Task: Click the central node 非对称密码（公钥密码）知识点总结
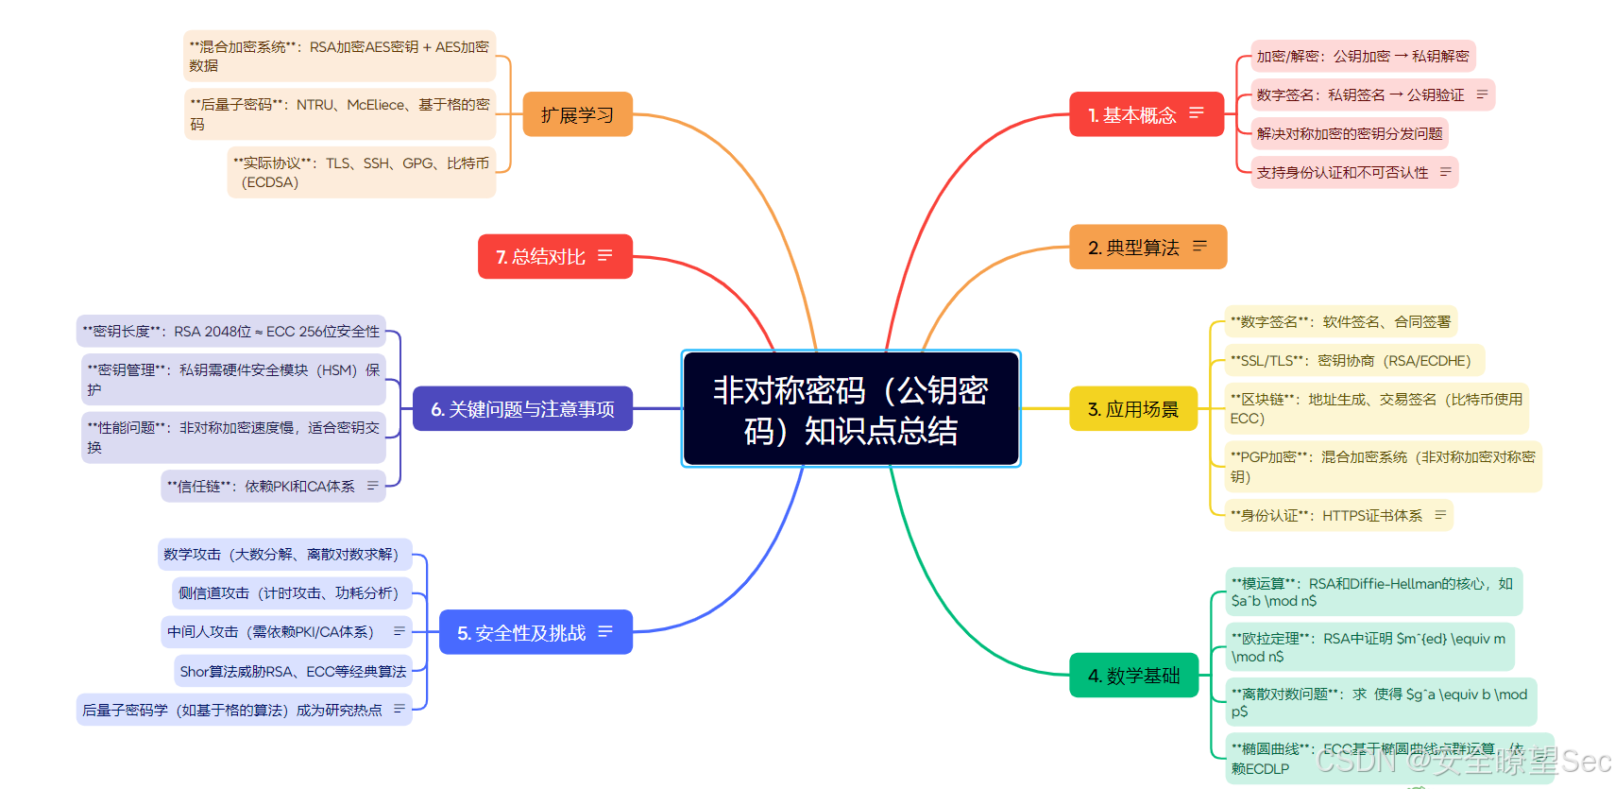tap(850, 408)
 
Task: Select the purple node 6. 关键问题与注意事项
tap(522, 408)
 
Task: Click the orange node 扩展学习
tap(577, 114)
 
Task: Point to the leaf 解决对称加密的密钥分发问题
tap(1349, 133)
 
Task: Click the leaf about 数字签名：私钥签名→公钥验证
tap(1360, 94)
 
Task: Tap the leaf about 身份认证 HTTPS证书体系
tap(1326, 515)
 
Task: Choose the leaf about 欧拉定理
tap(1368, 647)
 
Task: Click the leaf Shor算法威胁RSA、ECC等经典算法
tap(293, 671)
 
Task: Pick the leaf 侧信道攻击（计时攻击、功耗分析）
tap(289, 592)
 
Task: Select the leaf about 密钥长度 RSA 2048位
tap(230, 331)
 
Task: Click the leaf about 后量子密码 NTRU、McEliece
tap(340, 113)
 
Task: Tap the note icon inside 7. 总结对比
tap(605, 255)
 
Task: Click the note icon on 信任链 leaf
tap(372, 486)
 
